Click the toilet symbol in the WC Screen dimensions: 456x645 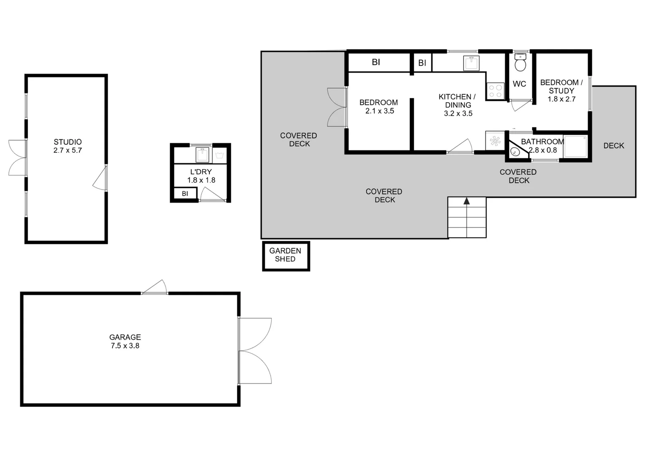pos(520,64)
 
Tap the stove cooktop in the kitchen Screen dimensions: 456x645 pos(496,91)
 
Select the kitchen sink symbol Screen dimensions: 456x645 pos(471,63)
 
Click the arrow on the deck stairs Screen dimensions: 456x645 pos(466,201)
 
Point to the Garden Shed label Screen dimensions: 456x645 pos(285,255)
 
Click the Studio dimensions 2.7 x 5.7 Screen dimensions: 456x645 pos(68,150)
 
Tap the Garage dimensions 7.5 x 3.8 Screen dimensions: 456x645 pos(125,346)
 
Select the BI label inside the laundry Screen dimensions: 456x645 pos(185,194)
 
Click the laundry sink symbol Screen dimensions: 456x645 pos(202,155)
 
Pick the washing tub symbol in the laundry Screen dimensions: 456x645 pos(220,155)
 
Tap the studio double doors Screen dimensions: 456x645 pos(17,157)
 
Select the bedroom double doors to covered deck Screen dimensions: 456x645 pos(336,107)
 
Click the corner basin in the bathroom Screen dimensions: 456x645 pos(515,152)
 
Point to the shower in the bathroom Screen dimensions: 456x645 pos(575,147)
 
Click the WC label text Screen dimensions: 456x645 pos(519,84)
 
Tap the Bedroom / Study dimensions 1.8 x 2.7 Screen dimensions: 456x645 pos(561,99)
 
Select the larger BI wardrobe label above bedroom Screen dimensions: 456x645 pos(376,62)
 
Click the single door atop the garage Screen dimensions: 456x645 pos(155,288)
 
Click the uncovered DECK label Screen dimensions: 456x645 pos(613,146)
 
